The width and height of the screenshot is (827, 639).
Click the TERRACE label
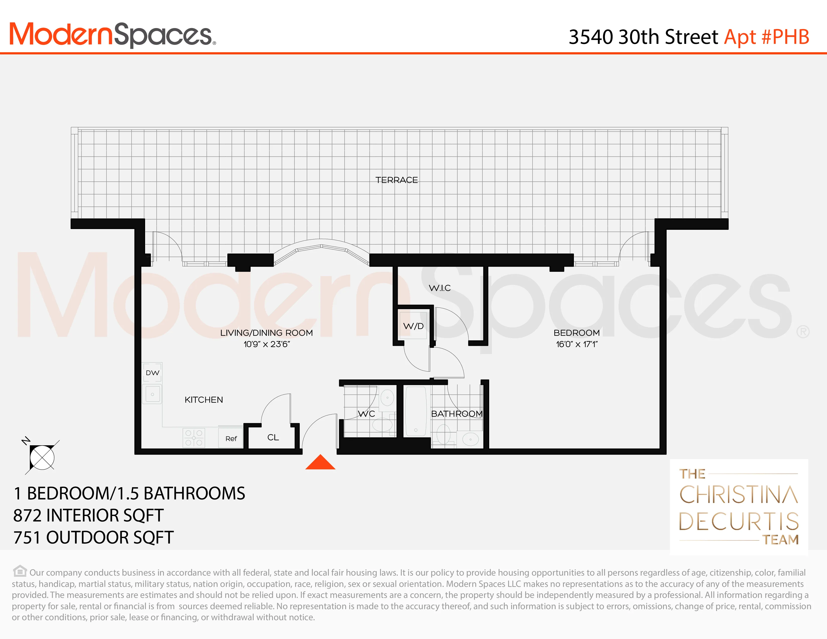click(x=396, y=180)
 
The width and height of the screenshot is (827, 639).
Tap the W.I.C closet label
click(x=440, y=288)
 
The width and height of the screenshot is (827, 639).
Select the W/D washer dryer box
click(x=413, y=326)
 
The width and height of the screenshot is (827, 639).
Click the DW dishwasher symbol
click(x=152, y=373)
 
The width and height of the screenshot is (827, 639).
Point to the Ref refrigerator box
click(x=231, y=438)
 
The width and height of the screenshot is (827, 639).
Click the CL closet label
click(x=273, y=437)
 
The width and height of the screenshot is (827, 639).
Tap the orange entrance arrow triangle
click(x=320, y=462)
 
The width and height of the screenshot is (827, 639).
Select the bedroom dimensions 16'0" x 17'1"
click(x=576, y=344)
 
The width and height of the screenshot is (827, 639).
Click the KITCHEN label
click(x=204, y=400)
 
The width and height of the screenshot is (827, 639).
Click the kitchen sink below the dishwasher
click(x=152, y=394)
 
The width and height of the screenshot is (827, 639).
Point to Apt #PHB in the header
click(x=766, y=37)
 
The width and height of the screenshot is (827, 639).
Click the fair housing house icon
click(x=20, y=571)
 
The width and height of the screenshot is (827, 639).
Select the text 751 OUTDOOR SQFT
click(x=93, y=538)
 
